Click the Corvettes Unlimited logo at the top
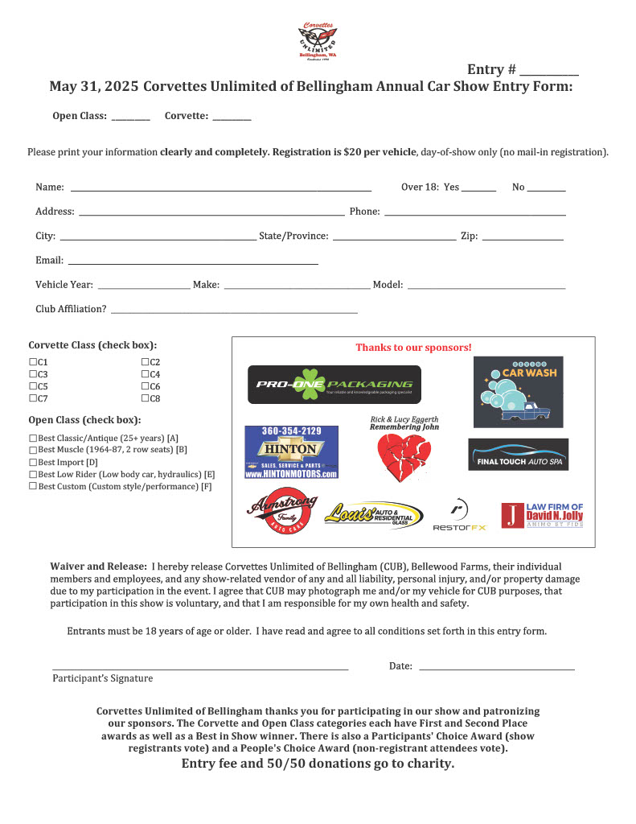coord(317,40)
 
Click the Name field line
coord(221,188)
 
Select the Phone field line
coord(474,213)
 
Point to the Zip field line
coord(523,237)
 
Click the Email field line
coord(193,262)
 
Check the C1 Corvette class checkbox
coord(33,363)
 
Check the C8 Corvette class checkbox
coord(146,398)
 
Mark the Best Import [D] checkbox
coord(33,463)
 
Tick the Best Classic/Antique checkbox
coord(33,438)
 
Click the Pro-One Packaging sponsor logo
coord(334,385)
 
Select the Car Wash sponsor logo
coord(518,392)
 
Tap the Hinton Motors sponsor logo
coord(291,452)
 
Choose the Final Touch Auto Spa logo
coord(518,455)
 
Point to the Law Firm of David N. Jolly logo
coord(542,516)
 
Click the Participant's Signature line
coord(200,668)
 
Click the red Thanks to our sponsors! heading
coord(413,348)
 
